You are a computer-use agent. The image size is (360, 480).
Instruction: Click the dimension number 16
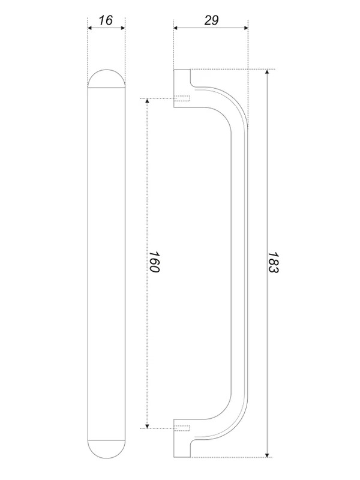(106, 20)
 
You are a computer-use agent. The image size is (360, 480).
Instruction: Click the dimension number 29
(211, 20)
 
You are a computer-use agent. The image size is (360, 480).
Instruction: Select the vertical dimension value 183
(273, 262)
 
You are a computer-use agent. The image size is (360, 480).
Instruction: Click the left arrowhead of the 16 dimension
(89, 28)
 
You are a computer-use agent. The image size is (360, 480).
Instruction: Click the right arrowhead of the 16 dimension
(123, 28)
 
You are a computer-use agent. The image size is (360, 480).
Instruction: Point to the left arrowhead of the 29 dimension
(176, 28)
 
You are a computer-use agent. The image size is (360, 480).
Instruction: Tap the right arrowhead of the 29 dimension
(245, 28)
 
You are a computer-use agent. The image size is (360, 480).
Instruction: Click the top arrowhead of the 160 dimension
(147, 101)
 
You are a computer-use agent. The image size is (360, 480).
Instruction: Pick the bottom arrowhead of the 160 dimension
(147, 426)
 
